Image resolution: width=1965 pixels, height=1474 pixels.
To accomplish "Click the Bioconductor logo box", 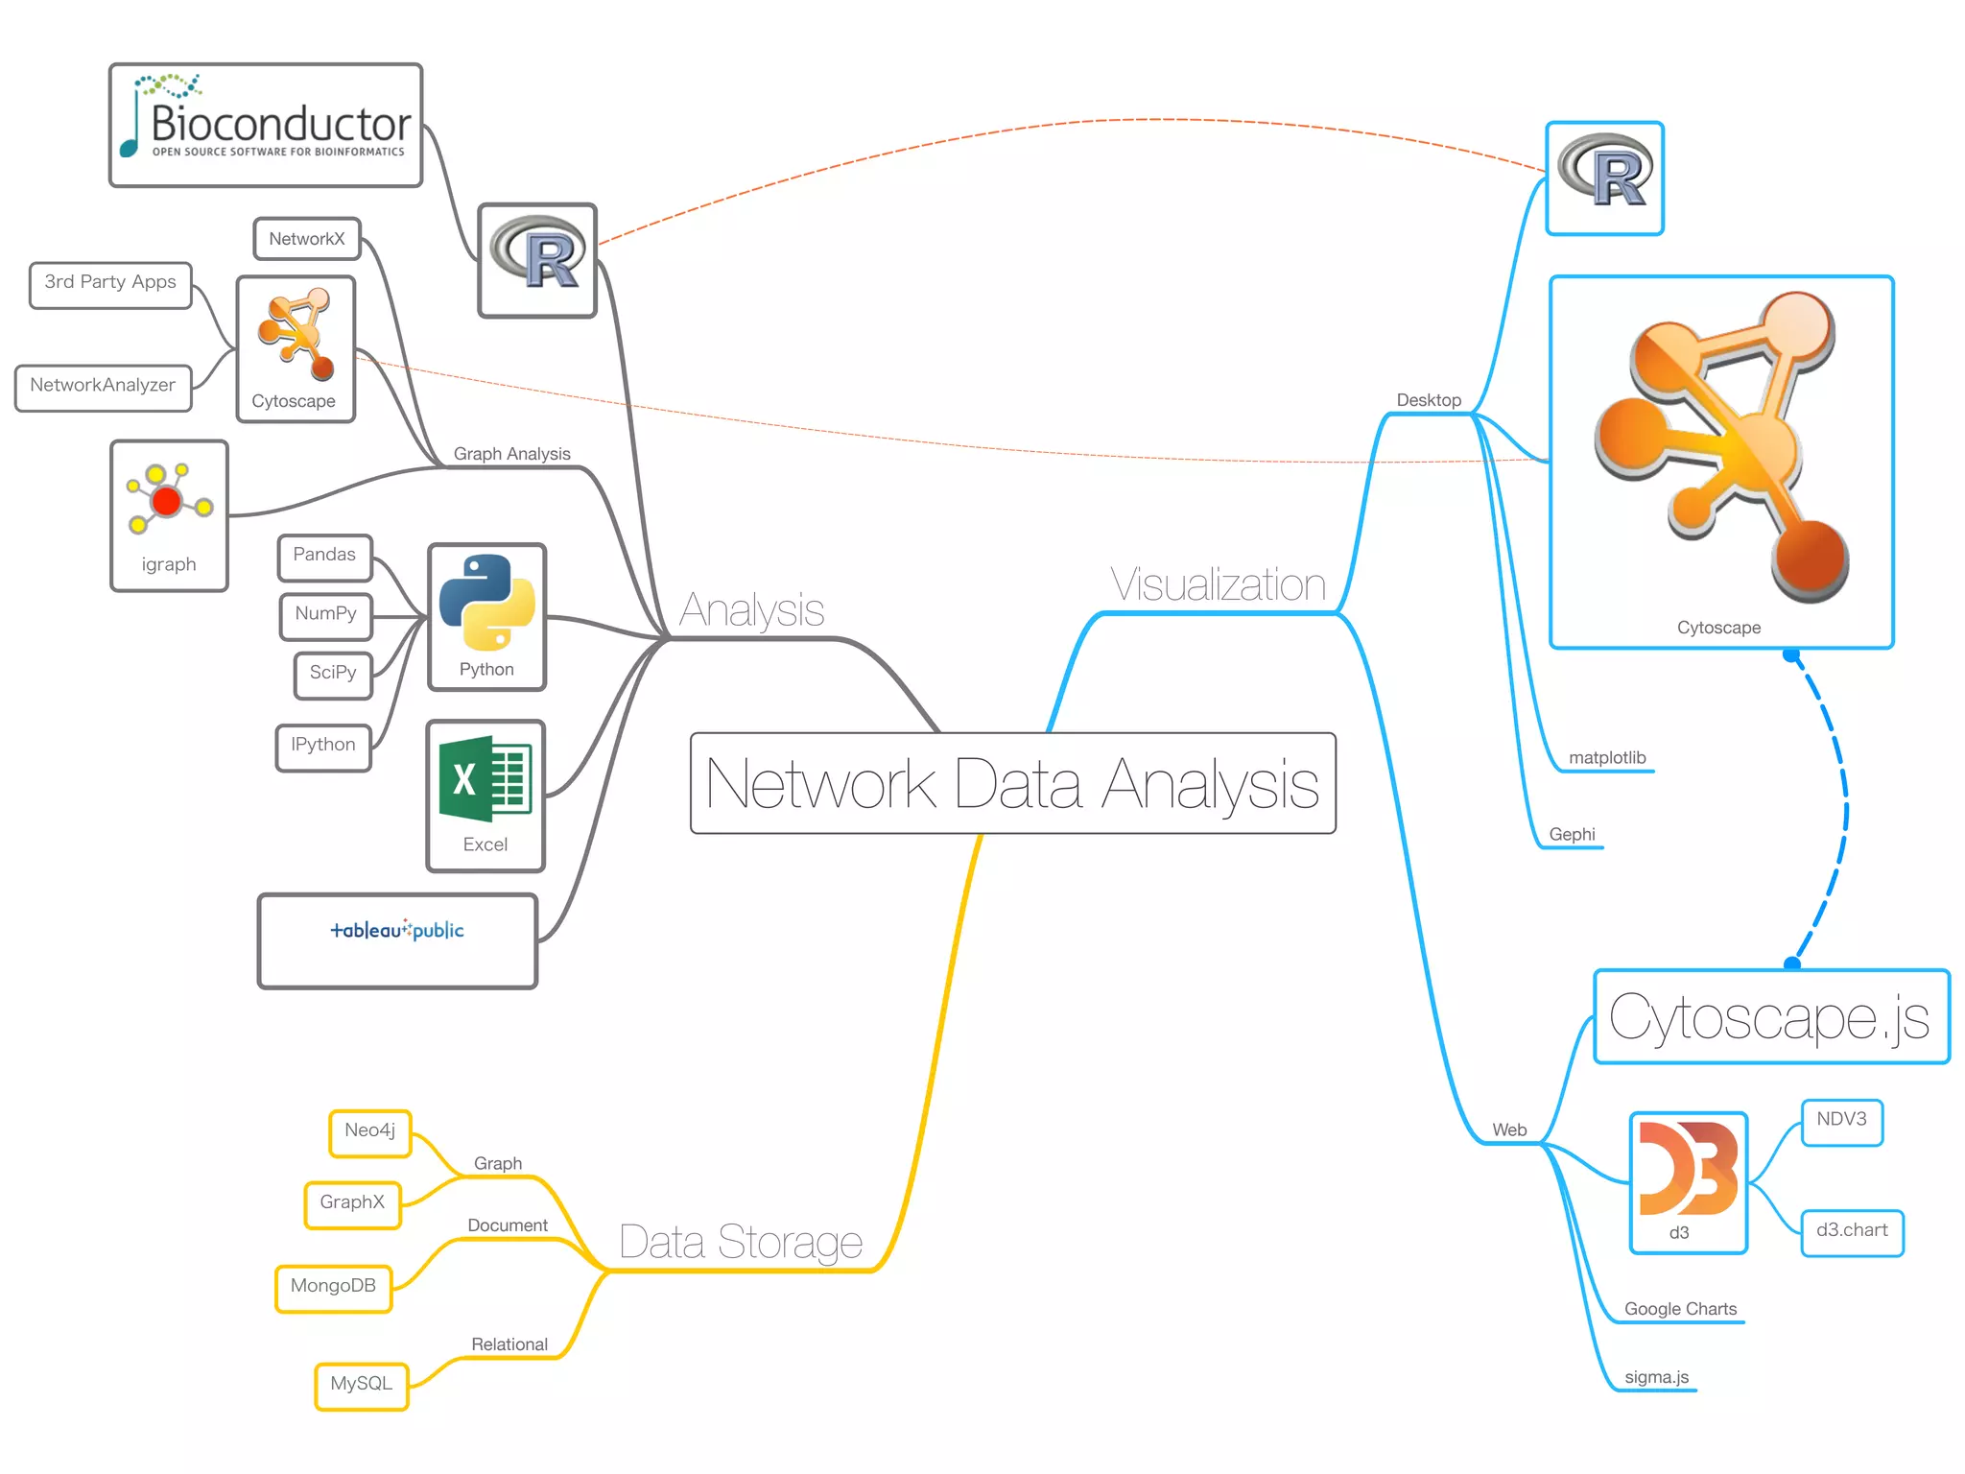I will click(x=266, y=126).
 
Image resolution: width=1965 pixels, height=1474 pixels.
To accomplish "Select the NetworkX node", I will click(x=307, y=239).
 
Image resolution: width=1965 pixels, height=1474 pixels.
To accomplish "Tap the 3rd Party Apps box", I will click(x=110, y=284).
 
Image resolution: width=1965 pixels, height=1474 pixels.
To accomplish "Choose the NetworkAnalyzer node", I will click(x=103, y=387).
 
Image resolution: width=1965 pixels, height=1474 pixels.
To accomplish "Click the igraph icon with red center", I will click(x=168, y=499).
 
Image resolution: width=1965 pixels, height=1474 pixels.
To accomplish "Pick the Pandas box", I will click(x=324, y=557).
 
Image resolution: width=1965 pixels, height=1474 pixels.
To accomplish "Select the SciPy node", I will click(x=332, y=674).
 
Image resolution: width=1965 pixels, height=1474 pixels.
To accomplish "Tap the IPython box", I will click(x=322, y=747).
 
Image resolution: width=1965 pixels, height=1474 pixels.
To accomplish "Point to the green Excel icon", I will click(x=485, y=779).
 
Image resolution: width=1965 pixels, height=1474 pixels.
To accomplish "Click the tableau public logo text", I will click(x=397, y=930).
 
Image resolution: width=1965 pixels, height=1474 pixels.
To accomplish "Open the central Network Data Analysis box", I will click(x=1012, y=783).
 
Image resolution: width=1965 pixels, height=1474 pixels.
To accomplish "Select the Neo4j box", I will click(x=369, y=1132).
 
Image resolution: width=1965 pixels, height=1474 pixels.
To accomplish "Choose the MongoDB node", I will click(x=333, y=1288).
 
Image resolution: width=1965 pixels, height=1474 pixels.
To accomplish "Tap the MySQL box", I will click(x=361, y=1386).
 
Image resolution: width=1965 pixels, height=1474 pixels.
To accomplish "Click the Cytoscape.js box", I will click(x=1770, y=1017).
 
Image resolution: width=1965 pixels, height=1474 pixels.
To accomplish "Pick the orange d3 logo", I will click(x=1688, y=1171).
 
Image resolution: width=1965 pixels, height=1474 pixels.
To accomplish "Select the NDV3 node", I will click(x=1841, y=1121).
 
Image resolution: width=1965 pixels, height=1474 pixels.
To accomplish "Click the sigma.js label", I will click(x=1656, y=1378).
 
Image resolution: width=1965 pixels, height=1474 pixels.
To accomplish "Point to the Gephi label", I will click(x=1572, y=835).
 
